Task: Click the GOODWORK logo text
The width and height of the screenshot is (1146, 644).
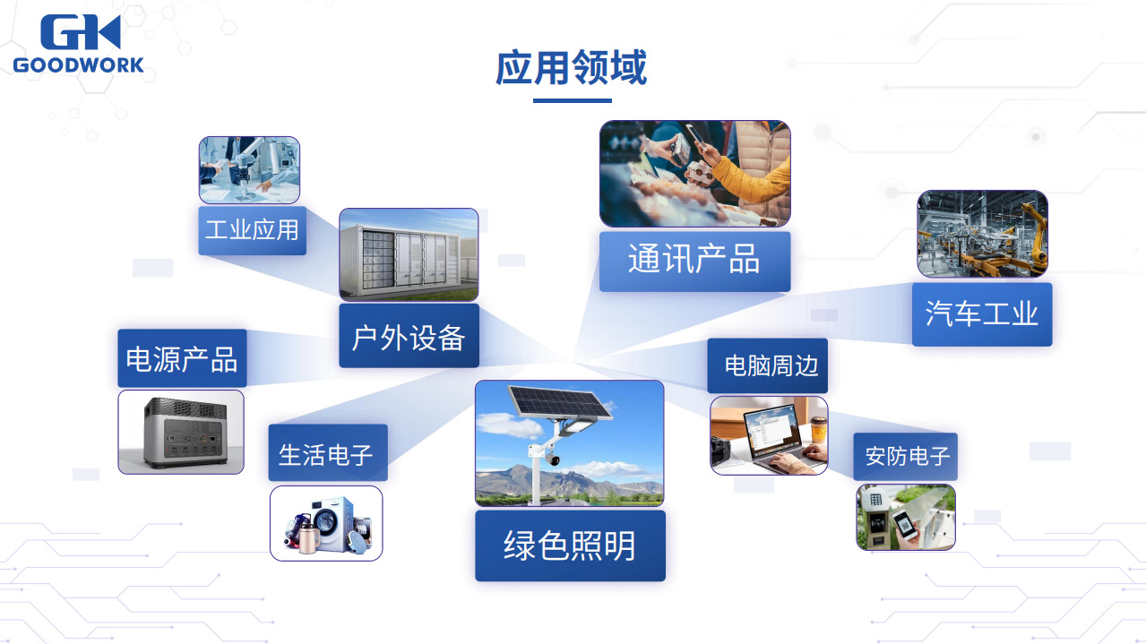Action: [x=78, y=65]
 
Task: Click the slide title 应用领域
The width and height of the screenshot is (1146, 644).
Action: [x=572, y=67]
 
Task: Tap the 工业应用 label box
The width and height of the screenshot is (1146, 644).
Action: [x=252, y=230]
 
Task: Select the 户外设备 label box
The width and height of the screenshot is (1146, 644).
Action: [x=409, y=336]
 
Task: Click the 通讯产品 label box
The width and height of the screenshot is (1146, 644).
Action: [x=694, y=262]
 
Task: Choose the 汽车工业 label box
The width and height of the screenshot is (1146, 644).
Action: [x=982, y=314]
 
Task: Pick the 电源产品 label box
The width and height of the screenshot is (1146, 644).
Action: [x=182, y=358]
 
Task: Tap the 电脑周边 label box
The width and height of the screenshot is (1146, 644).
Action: [x=767, y=365]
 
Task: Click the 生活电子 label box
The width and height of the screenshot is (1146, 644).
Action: [x=328, y=452]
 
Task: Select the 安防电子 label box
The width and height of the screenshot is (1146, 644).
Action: [x=906, y=456]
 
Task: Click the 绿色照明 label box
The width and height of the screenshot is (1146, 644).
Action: [x=570, y=545]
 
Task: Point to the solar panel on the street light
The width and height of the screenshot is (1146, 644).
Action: [x=560, y=402]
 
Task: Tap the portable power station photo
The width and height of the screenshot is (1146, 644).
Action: [x=181, y=432]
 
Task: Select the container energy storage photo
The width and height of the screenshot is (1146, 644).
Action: [x=409, y=254]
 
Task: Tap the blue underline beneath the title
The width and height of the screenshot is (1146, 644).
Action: [x=572, y=100]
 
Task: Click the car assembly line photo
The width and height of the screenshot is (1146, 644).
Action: [x=982, y=234]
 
